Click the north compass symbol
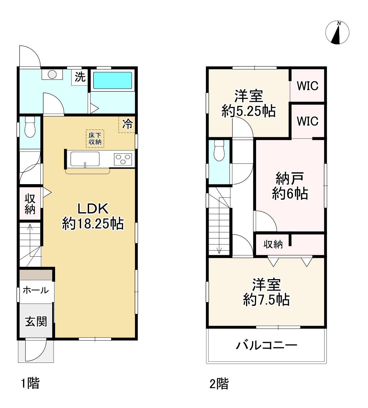(337, 33)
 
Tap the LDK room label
(93, 209)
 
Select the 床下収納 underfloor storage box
(95, 139)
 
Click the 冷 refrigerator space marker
(127, 124)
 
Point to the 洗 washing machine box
(80, 77)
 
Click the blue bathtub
(112, 80)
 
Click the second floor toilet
(219, 150)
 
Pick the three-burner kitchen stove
(123, 159)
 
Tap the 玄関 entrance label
(36, 321)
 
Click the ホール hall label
(36, 290)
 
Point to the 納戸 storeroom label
(290, 179)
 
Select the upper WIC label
(307, 86)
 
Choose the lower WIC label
(307, 121)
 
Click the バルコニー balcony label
(266, 345)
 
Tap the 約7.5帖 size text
(266, 300)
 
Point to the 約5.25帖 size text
(249, 111)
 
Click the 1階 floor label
(30, 384)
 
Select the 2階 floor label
(219, 384)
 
